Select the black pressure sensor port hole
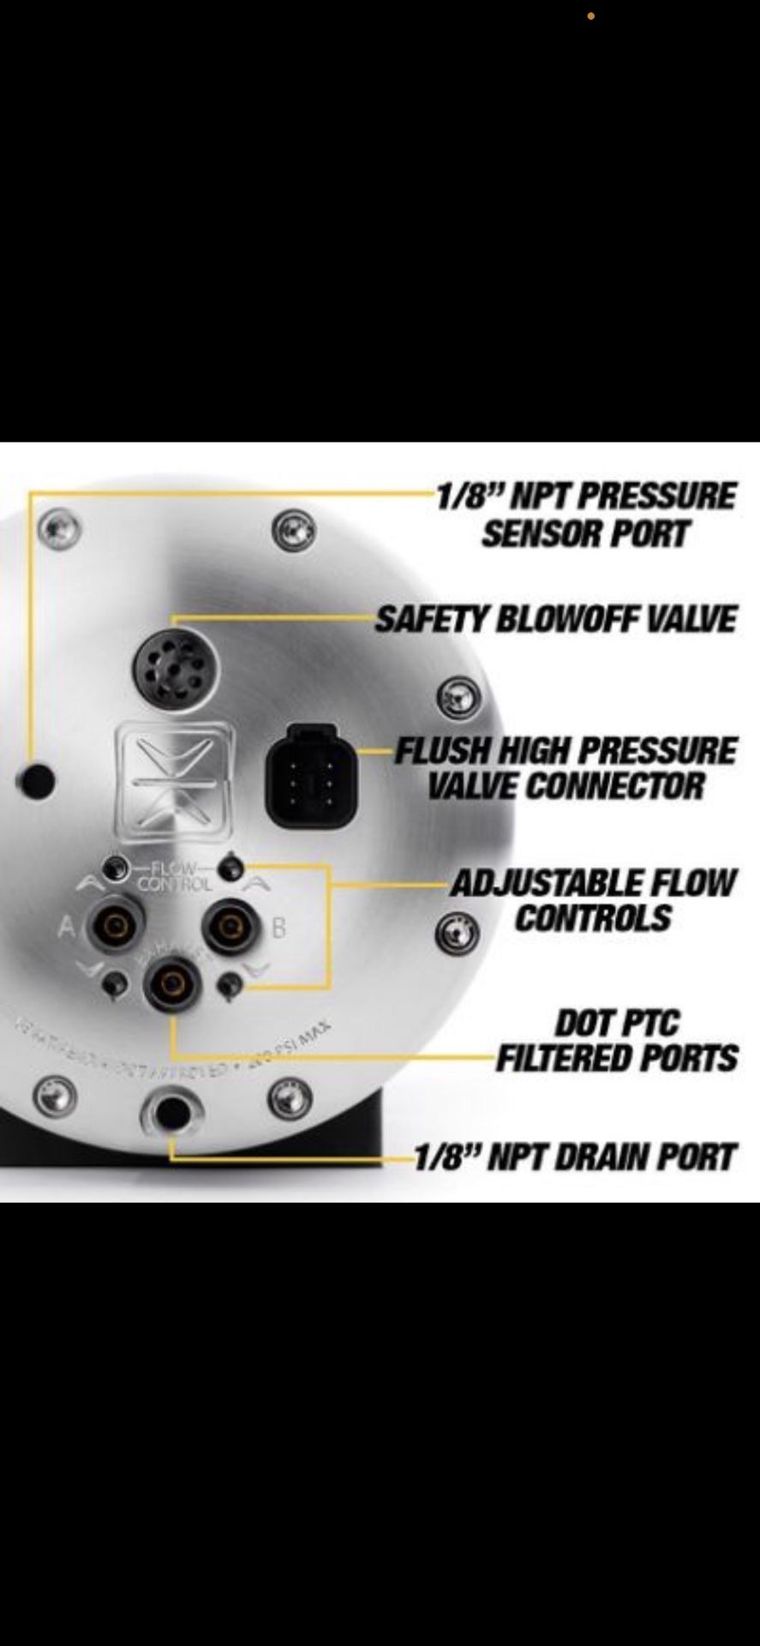tap(37, 780)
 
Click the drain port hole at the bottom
tap(172, 1112)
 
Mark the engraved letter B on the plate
tap(278, 927)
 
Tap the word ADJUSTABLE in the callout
tap(548, 883)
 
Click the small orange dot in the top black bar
tap(590, 16)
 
